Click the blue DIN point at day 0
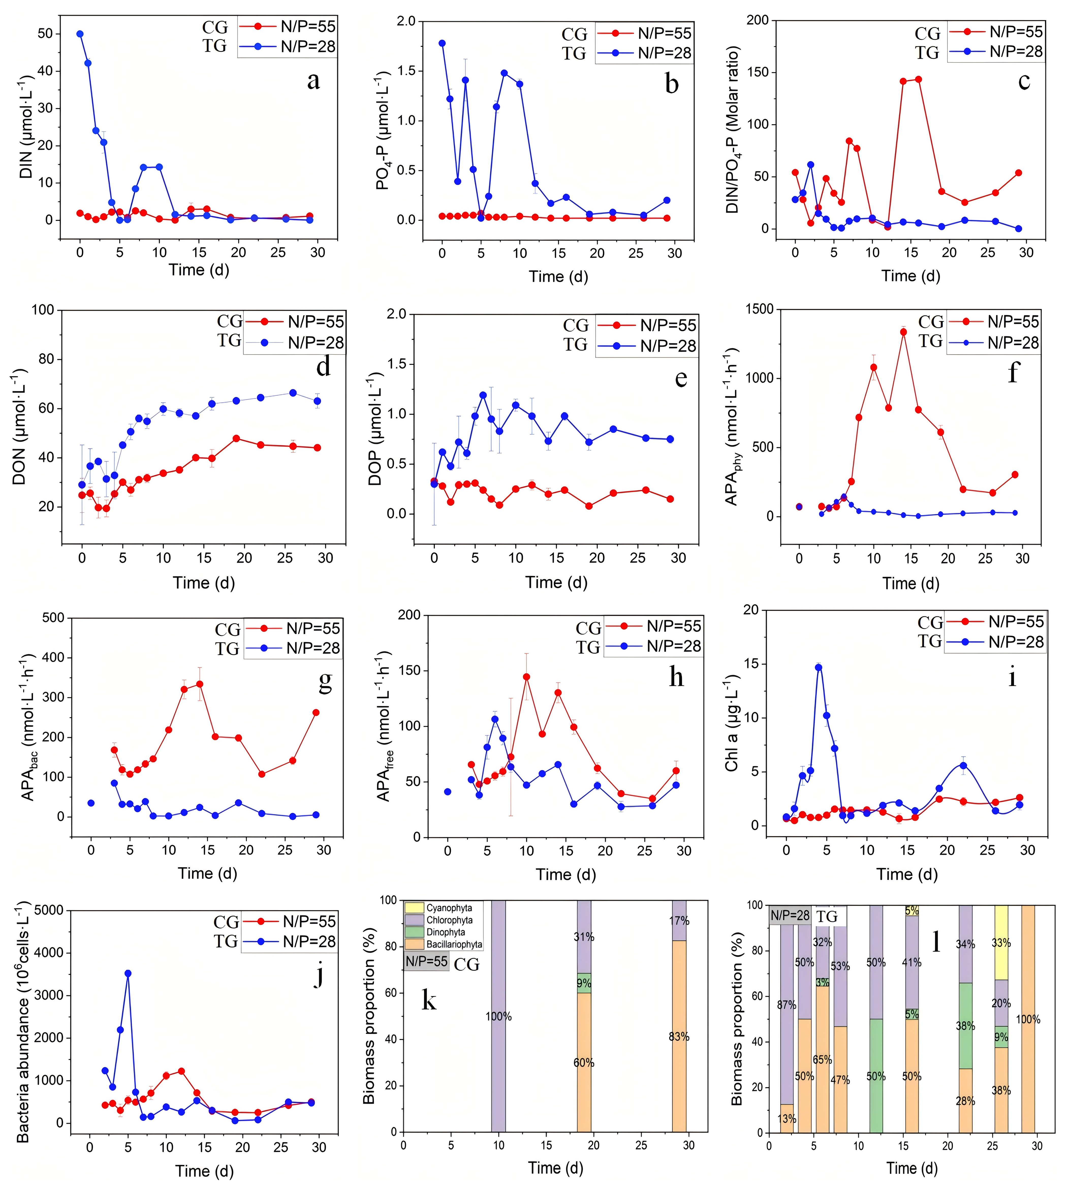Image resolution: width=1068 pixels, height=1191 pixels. pos(80,34)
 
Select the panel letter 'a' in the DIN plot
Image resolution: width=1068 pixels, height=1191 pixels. pos(313,81)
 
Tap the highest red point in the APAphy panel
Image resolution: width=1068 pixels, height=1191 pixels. pos(903,332)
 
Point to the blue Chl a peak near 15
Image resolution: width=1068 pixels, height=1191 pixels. pos(819,667)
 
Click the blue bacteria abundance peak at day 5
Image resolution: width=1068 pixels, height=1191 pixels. pos(128,973)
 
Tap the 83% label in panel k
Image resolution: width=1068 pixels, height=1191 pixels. pos(679,1037)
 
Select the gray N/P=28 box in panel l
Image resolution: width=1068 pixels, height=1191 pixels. pos(790,915)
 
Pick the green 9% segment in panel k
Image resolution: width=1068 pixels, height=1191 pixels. pos(584,983)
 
